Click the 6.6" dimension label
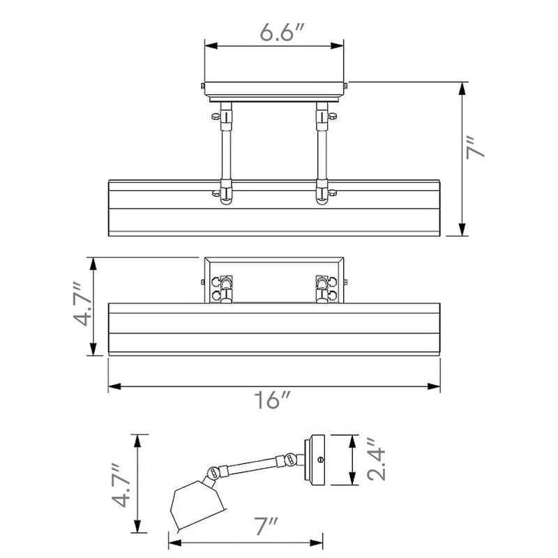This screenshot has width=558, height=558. [281, 32]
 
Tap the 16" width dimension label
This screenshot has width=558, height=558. [272, 400]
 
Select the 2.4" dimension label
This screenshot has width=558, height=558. [377, 460]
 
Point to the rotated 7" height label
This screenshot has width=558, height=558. [475, 146]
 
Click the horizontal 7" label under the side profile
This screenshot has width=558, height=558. [265, 527]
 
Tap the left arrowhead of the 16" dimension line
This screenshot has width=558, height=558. [115, 386]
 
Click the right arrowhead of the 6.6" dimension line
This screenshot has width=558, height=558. [337, 46]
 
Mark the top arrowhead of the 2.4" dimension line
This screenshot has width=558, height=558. [352, 442]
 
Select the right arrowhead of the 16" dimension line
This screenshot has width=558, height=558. [433, 386]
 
